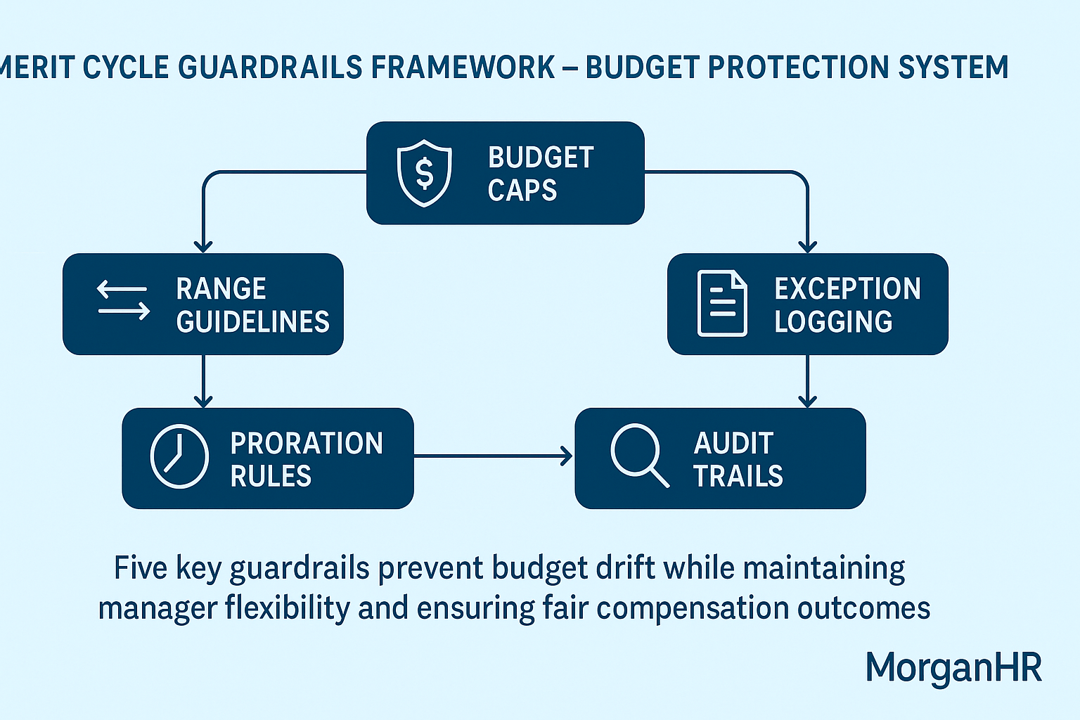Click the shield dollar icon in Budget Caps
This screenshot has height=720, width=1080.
(424, 173)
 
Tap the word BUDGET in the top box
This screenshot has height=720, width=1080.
(541, 157)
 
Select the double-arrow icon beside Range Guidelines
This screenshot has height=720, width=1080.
(123, 300)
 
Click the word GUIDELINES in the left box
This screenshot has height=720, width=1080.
(252, 322)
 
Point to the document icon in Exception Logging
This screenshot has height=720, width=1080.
(721, 303)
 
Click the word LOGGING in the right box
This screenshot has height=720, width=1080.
(833, 322)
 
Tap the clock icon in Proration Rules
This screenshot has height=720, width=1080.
(179, 456)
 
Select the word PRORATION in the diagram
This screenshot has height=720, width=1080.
(307, 444)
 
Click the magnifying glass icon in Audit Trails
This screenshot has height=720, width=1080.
(639, 455)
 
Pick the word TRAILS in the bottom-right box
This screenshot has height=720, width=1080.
(738, 477)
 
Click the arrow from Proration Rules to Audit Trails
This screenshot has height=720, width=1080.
(492, 456)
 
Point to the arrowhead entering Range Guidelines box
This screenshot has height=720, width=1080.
(203, 245)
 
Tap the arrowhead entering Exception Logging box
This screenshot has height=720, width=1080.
(807, 245)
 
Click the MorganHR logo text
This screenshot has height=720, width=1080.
(953, 667)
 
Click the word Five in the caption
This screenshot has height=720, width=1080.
(141, 567)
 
